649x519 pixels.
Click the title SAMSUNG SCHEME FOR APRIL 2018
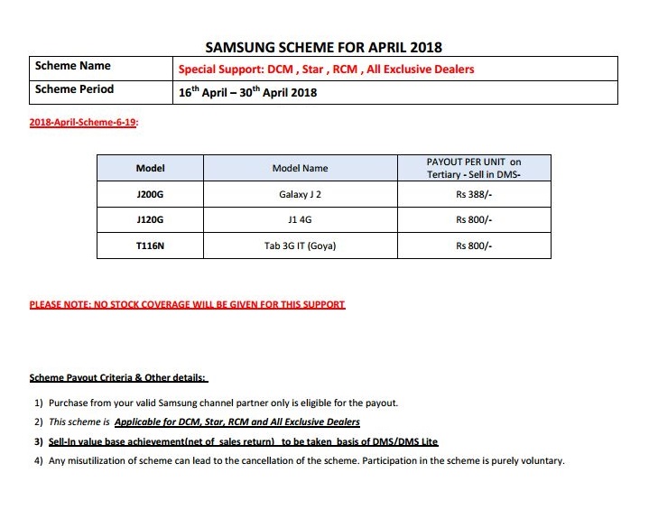324,47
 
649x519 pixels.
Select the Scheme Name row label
73,66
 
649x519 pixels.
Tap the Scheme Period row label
75,89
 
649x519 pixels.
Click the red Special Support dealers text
326,69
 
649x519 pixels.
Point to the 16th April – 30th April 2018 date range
247,92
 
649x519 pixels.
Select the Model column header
150,168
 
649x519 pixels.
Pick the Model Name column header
301,168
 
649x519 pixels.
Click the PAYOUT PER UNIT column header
474,168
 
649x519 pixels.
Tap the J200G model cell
150,194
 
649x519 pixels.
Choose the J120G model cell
150,219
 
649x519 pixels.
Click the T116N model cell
150,246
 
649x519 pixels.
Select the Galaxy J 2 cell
301,194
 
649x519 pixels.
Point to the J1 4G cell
301,219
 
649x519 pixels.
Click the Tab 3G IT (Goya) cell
301,246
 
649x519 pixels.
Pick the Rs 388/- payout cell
474,194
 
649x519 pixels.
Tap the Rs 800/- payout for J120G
474,219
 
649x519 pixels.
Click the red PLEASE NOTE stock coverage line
188,305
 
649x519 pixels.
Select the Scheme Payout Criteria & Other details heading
118,377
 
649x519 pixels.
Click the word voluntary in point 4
540,460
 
